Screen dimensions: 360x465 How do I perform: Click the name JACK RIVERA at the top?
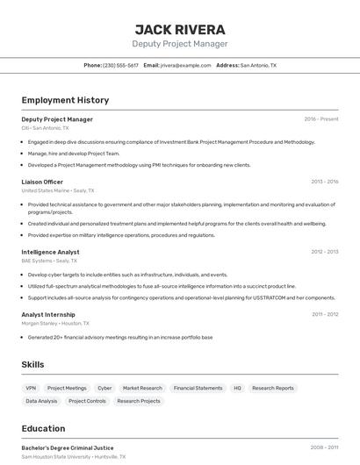coord(180,29)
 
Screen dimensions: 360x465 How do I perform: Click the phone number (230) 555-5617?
coord(120,65)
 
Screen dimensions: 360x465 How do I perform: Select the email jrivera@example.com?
coord(186,65)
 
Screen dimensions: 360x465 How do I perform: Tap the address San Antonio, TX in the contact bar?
coord(258,65)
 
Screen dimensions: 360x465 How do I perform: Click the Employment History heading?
coord(65,100)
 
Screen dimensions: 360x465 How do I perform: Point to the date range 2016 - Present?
coord(321,118)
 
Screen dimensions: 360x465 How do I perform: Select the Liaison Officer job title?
coord(42,182)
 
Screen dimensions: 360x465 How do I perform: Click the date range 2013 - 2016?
coord(324,182)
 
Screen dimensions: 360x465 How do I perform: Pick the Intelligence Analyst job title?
coord(50,252)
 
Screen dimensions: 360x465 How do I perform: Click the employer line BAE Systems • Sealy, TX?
coord(49,261)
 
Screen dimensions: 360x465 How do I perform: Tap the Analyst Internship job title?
coord(48,314)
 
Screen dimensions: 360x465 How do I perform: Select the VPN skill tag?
coord(31,388)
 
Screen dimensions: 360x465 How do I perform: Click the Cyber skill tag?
coord(104,388)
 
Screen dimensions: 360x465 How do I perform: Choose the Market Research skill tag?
coord(142,388)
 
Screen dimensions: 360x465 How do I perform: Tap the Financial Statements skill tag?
coord(198,388)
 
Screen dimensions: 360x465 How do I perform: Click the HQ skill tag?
coord(237,388)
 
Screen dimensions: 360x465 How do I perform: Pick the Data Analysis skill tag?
coord(41,401)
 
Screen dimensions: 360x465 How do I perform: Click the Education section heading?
coord(43,428)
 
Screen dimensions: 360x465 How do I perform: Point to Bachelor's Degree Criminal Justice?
coord(68,447)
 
